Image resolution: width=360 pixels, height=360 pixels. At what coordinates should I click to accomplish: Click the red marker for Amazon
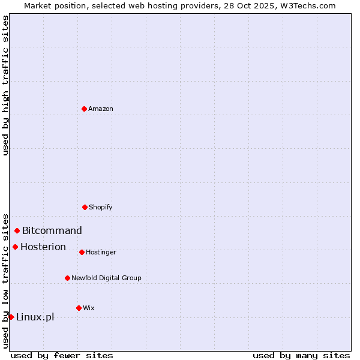(x=84, y=109)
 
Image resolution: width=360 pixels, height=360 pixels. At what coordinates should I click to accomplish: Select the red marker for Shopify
(x=85, y=207)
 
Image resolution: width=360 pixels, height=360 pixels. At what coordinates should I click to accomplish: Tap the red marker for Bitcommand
(x=17, y=230)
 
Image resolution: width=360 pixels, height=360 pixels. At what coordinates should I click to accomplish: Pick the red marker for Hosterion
(x=15, y=247)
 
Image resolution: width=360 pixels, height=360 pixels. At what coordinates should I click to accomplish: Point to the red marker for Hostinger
(x=82, y=252)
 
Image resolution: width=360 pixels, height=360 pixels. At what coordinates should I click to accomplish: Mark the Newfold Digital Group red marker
(x=67, y=278)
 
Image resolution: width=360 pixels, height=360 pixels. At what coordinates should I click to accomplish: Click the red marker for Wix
(x=79, y=308)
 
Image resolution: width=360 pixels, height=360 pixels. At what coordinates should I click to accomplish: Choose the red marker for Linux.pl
(x=11, y=317)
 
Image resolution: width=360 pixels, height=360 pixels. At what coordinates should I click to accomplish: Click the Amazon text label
(x=101, y=109)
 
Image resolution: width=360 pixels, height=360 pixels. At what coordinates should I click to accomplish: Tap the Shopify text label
(x=100, y=207)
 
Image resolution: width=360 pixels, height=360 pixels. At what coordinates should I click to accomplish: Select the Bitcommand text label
(x=52, y=230)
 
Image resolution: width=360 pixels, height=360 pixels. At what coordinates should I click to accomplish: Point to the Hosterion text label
(x=43, y=247)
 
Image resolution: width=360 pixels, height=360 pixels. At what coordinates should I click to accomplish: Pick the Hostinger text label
(x=101, y=252)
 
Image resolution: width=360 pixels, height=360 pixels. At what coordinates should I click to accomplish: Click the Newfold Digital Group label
(x=106, y=278)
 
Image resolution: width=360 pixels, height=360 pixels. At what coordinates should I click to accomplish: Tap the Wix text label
(x=89, y=308)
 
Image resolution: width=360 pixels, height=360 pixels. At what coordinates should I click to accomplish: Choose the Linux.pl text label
(x=35, y=317)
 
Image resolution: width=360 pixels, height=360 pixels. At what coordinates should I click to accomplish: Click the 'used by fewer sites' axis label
(x=62, y=355)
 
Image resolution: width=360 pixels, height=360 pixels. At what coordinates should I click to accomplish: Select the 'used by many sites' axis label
(x=301, y=355)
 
